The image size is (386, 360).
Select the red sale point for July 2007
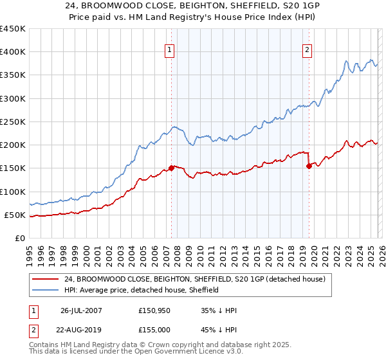pos(171,168)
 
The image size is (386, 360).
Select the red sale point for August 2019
pos(309,166)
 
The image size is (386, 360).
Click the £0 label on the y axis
pos(19,238)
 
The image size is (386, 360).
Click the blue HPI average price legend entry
pos(142,290)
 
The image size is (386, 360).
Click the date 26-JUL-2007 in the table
pos(80,310)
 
